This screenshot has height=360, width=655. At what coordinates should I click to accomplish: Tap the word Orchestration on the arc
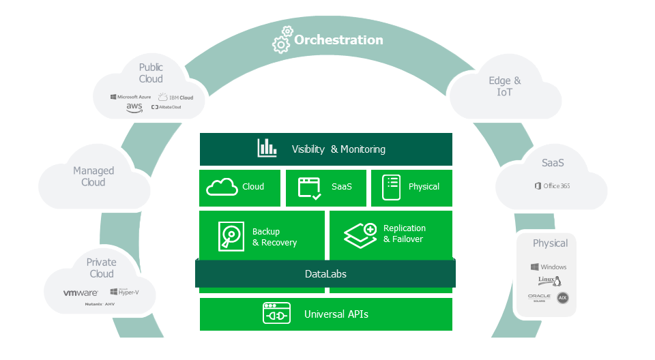tap(338, 40)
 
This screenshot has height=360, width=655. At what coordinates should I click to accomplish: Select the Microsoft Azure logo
tap(131, 97)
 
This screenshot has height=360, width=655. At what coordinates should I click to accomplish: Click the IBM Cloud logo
tap(175, 97)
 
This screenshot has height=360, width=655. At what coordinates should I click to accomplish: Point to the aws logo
tap(134, 108)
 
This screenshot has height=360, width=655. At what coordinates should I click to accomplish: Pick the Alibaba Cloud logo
tap(166, 107)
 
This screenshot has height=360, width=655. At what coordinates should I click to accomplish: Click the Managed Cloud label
tap(93, 177)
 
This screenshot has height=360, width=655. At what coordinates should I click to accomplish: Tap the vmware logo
tap(81, 292)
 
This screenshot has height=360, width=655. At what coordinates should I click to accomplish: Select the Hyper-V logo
tap(123, 292)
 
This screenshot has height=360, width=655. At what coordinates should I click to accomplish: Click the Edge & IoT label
tap(505, 86)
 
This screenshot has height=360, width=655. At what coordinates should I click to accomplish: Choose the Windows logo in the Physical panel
tap(549, 267)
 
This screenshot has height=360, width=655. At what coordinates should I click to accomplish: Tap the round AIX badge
tap(562, 298)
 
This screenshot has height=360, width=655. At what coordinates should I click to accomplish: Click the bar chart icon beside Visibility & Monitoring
tap(267, 148)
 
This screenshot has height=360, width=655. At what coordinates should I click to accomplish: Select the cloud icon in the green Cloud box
tap(222, 186)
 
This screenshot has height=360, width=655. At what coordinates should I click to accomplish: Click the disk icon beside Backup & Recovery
tap(231, 236)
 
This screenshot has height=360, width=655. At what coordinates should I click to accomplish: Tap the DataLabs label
tap(325, 274)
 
